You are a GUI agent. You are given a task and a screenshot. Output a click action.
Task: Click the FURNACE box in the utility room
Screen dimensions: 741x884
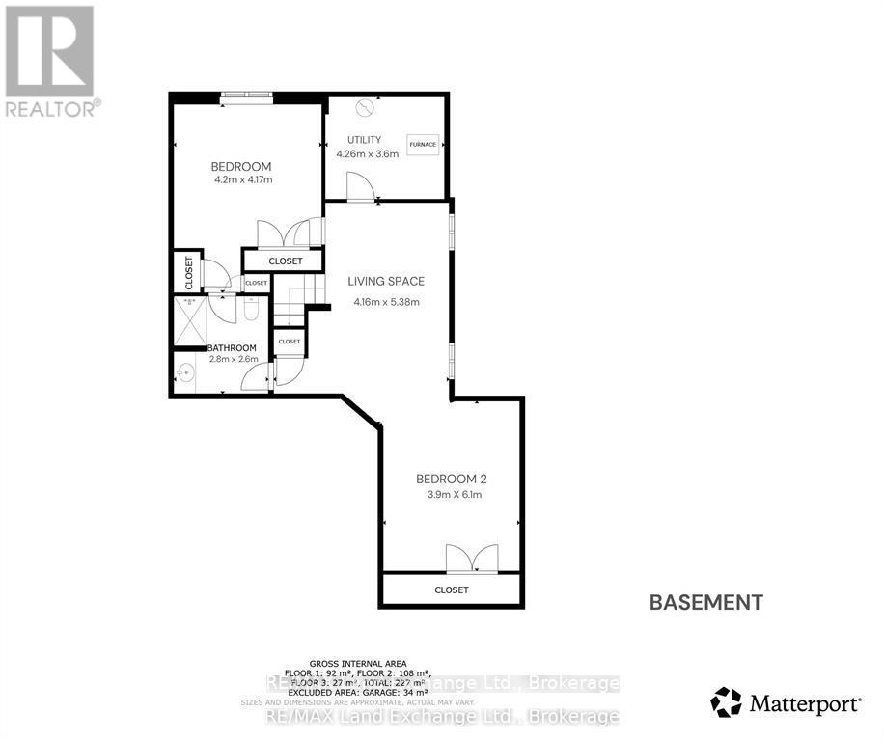pos(423,145)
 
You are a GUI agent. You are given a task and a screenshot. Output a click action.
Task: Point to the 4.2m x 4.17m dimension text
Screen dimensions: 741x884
pos(242,179)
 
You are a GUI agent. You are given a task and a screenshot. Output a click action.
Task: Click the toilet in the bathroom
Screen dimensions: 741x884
pos(250,309)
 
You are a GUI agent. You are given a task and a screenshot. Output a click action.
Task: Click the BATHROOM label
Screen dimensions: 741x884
pos(233,348)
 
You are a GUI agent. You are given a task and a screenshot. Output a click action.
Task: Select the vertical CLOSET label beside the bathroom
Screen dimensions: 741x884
pos(188,273)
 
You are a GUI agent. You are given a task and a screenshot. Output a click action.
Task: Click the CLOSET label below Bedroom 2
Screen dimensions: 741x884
pos(451,590)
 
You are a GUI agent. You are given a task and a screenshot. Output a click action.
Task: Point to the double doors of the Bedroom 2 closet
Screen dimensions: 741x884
pos(472,559)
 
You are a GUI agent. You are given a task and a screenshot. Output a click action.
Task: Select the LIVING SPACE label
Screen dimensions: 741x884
pos(386,282)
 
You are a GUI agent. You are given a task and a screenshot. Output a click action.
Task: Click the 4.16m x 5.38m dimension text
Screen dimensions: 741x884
pos(386,302)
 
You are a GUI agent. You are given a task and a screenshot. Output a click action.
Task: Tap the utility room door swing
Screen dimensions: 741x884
pos(359,187)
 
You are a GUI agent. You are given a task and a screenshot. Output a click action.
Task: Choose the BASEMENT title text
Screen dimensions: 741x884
pos(706,603)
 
